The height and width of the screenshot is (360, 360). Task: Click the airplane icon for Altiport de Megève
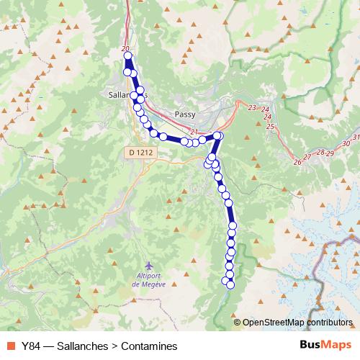149,266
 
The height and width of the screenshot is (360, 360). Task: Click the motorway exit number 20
126,49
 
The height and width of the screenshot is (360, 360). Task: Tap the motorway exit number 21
194,132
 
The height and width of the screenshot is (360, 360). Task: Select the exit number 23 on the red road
251,107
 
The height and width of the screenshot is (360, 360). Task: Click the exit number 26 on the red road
297,162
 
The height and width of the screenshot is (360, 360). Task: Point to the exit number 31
356,137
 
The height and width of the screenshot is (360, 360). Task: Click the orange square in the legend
9,346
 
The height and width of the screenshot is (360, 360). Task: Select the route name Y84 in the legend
31,346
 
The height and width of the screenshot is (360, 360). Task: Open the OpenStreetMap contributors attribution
297,323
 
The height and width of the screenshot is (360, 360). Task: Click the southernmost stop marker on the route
230,284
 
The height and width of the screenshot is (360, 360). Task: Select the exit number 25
270,126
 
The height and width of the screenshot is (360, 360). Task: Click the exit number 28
320,153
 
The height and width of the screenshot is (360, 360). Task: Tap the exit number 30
346,144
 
